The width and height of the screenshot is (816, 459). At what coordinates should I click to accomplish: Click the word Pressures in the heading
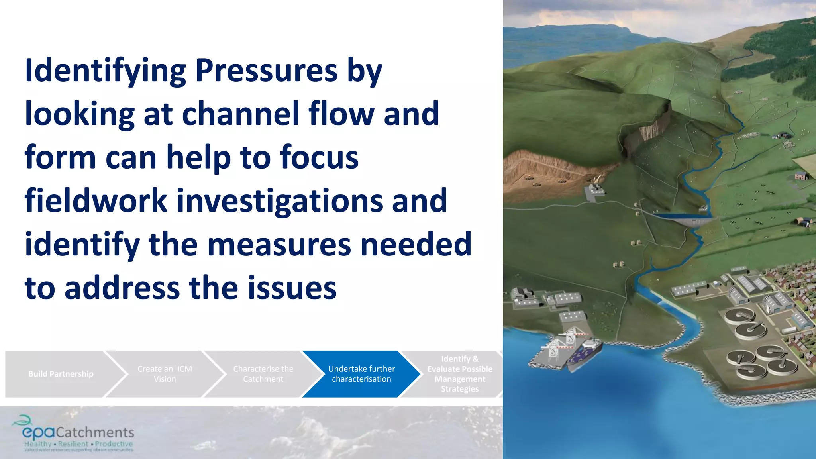tap(266, 71)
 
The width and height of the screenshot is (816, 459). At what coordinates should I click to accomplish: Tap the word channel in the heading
tap(240, 114)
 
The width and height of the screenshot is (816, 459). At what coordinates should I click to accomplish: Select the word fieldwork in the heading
tap(96, 201)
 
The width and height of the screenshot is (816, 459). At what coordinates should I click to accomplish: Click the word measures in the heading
tap(279, 244)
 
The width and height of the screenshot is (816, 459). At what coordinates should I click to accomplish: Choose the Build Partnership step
tap(61, 374)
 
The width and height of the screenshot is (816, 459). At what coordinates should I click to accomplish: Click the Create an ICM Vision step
tap(165, 374)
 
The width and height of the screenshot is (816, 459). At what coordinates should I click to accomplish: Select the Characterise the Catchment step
tap(263, 374)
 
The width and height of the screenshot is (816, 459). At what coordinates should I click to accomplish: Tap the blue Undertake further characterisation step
tap(361, 374)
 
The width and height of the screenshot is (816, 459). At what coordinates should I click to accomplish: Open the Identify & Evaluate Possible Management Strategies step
tap(459, 374)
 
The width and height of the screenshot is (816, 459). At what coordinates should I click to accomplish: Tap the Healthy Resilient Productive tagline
tap(78, 444)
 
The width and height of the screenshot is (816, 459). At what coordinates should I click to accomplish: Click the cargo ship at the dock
tap(584, 353)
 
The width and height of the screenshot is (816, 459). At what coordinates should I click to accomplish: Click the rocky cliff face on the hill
tap(645, 131)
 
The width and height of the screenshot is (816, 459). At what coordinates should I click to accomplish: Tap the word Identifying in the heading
tap(105, 71)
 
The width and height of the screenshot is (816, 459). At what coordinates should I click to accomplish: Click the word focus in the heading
tap(319, 157)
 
